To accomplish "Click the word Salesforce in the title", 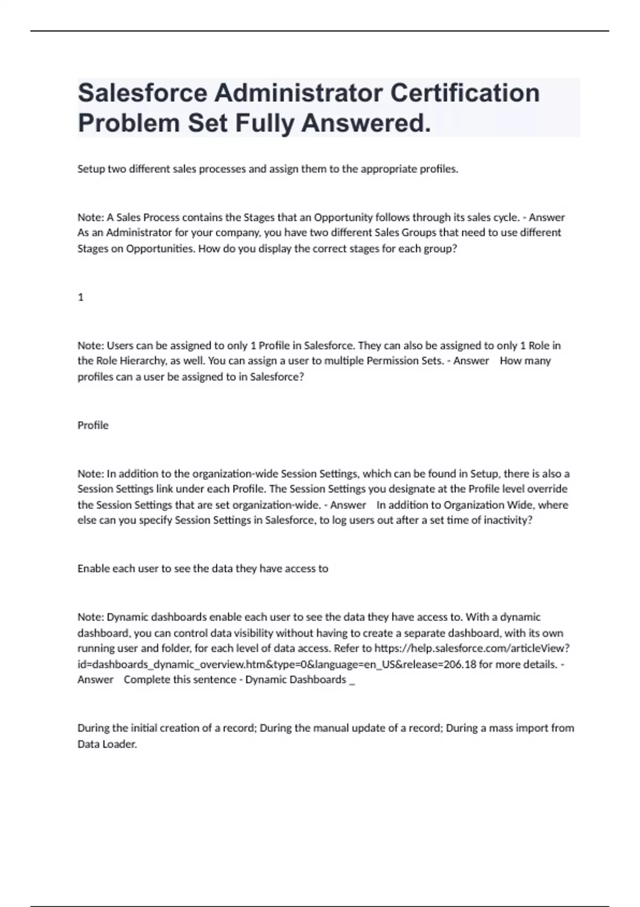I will point(142,93).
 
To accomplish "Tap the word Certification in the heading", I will point(465,93).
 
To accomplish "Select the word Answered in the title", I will point(366,124).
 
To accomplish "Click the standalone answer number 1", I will point(81,297).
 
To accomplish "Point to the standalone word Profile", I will point(93,425).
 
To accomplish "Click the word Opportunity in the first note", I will point(343,217).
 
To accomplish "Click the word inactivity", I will point(508,520).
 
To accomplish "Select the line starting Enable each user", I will point(203,569).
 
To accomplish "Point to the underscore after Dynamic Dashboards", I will point(351,681).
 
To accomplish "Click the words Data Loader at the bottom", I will point(107,744).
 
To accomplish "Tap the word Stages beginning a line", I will point(93,249).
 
